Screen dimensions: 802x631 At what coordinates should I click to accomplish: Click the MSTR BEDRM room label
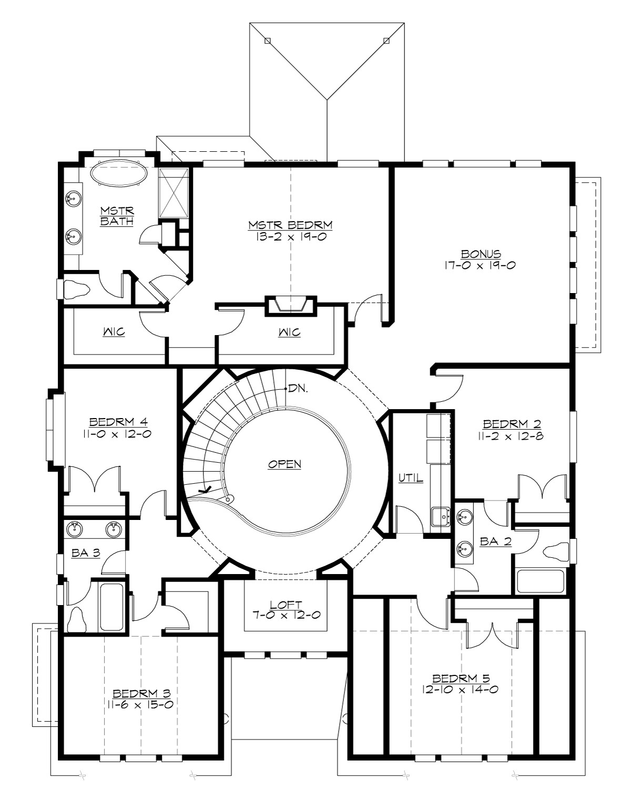point(290,225)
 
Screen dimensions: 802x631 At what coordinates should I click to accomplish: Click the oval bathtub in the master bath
point(118,173)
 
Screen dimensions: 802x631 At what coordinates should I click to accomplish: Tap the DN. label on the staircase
point(298,389)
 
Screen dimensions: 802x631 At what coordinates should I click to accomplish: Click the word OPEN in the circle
point(284,464)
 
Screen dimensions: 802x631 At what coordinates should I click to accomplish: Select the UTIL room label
point(411,478)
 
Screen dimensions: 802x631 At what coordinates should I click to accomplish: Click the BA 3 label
point(85,553)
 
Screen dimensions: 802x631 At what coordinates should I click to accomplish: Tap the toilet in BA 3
point(78,619)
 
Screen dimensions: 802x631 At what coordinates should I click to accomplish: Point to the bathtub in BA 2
point(540,581)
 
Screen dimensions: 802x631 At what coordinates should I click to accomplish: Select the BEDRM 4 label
point(117,422)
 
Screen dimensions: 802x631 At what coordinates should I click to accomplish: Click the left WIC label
point(114,332)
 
